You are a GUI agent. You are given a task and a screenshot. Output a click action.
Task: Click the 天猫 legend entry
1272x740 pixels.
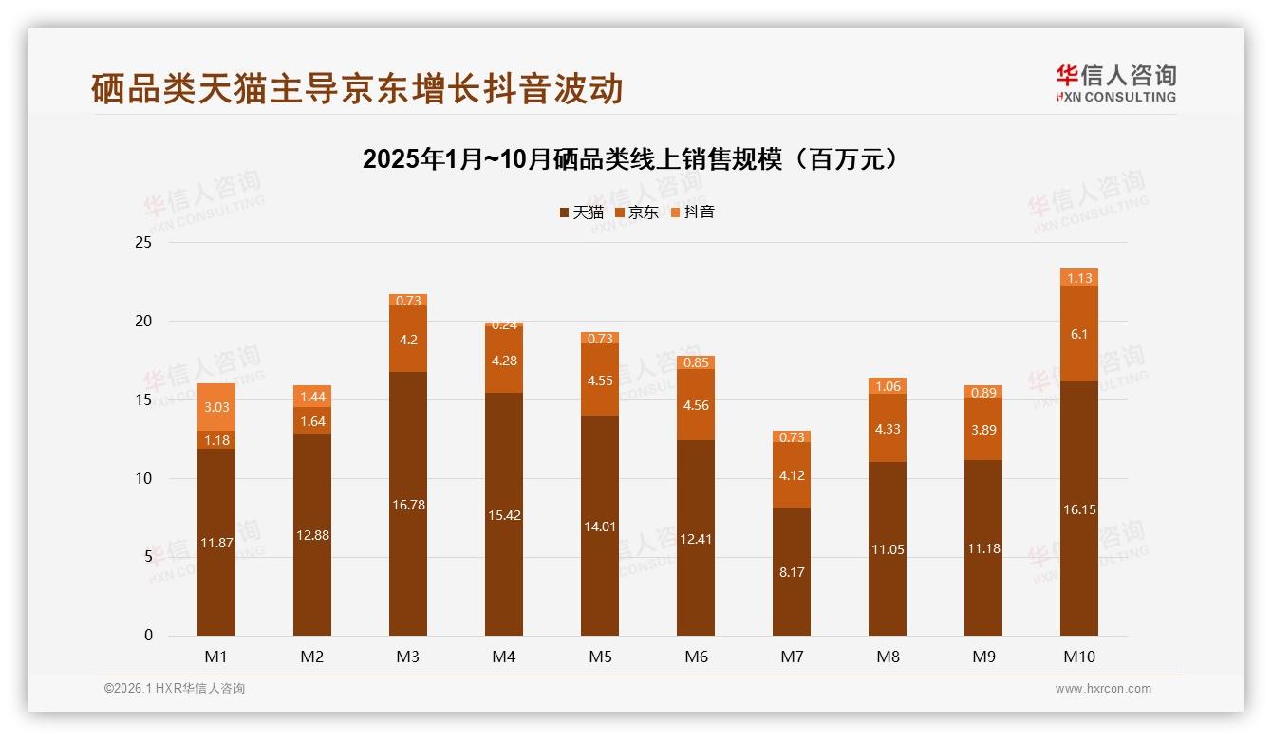click(581, 213)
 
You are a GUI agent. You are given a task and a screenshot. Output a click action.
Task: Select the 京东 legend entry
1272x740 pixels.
click(636, 213)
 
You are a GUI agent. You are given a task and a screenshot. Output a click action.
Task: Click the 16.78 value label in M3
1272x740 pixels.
click(408, 505)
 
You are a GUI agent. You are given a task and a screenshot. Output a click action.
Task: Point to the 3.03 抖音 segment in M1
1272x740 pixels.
click(216, 407)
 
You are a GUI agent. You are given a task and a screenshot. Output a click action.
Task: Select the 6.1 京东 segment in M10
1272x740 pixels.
click(1079, 334)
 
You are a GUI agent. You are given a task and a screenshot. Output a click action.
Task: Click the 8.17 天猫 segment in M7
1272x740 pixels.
click(792, 572)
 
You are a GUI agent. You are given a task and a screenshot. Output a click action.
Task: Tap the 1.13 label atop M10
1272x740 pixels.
click(1079, 278)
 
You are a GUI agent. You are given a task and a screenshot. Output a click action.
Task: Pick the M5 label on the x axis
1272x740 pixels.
click(600, 657)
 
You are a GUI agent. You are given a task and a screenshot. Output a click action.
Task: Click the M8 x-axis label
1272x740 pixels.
click(888, 657)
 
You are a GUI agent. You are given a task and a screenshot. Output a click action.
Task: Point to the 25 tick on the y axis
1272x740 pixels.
click(143, 243)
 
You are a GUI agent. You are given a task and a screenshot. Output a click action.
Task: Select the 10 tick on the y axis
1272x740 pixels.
click(143, 478)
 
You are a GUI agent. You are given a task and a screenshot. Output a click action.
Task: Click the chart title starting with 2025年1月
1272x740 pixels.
click(629, 159)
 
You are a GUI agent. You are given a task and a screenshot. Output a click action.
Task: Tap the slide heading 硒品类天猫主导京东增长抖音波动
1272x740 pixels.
click(357, 88)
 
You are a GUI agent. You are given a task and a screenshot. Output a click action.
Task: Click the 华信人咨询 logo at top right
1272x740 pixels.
click(1115, 83)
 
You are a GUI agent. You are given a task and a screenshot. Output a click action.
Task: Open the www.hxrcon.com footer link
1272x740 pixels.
click(1103, 689)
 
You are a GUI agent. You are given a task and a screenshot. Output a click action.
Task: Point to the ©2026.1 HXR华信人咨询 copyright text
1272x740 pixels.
click(175, 689)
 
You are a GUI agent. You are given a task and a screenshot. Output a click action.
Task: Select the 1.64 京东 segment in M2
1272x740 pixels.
click(312, 421)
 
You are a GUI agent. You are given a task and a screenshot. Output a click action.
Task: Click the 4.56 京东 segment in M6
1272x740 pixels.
click(696, 405)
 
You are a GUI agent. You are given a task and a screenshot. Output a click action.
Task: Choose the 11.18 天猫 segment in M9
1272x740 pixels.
click(983, 548)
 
